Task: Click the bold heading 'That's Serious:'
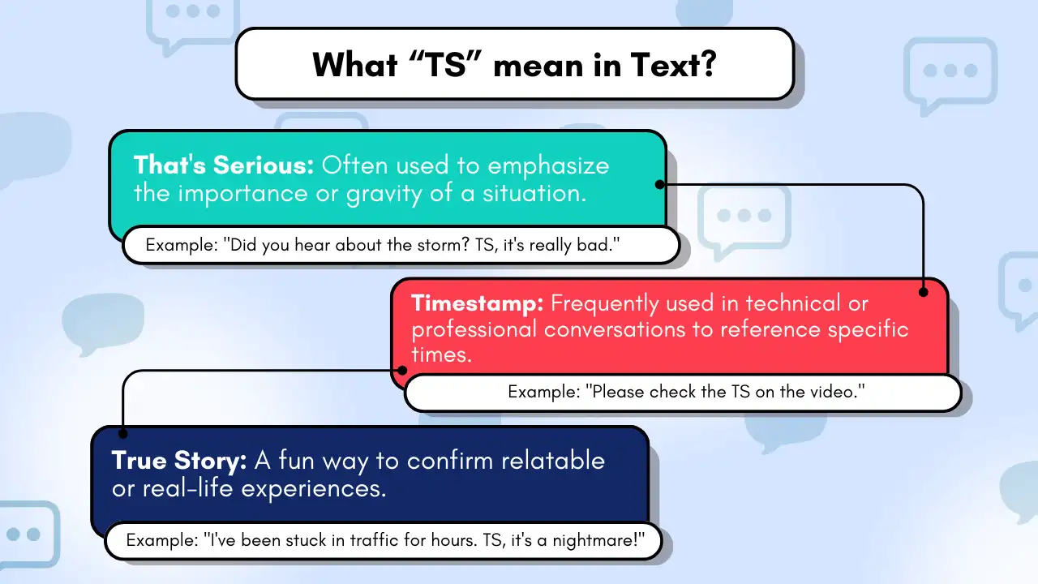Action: (223, 165)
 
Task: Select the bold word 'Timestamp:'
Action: (477, 303)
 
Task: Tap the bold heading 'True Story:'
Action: (179, 461)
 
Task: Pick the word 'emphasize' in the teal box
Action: (548, 165)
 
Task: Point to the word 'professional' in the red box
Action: (474, 329)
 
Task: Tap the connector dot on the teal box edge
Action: (660, 184)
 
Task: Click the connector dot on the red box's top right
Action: (923, 291)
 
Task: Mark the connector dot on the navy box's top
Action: (122, 433)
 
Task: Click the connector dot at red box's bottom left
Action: (402, 371)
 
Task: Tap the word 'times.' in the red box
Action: (441, 355)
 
